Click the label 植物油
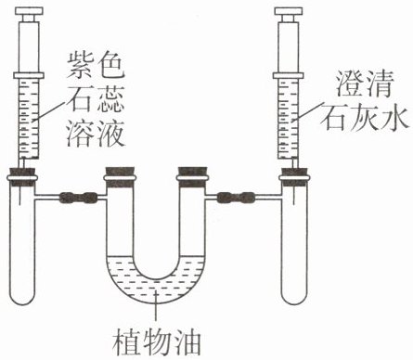tap(157, 342)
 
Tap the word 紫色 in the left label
tap(97, 65)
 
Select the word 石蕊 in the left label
tap(97, 98)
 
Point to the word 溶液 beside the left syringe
tap(97, 134)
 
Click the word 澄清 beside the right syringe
tap(365, 84)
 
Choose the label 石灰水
tap(366, 117)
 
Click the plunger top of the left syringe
tap(29, 11)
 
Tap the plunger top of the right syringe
tap(289, 11)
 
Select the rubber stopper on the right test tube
tap(294, 176)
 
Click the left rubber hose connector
tap(78, 198)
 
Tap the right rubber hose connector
tap(236, 198)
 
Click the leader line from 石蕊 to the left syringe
tap(52, 110)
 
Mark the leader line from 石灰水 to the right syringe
tap(309, 110)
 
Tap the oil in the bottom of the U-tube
tap(156, 289)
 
